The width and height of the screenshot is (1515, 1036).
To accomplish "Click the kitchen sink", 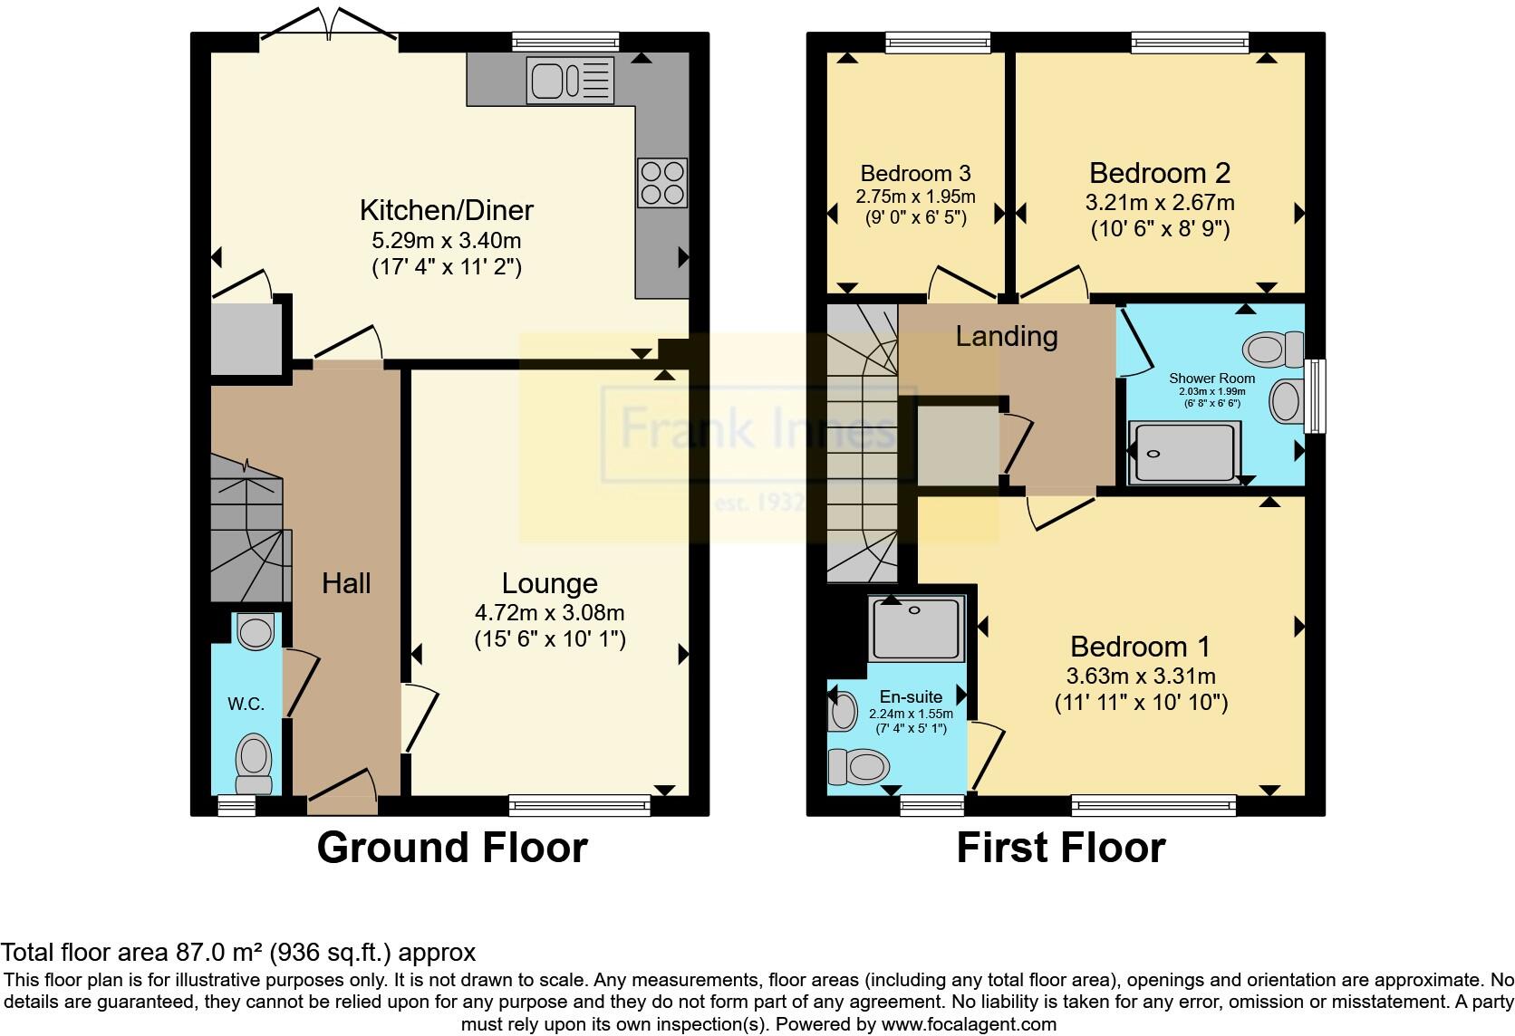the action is pos(570,81).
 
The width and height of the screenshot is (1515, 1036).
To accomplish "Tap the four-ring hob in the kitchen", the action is pos(662,182).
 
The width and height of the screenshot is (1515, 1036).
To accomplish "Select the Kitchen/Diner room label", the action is pos(447,210).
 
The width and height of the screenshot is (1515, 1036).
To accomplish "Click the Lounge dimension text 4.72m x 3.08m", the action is pos(549,612).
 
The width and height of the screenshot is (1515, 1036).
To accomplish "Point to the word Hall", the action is pos(346,583).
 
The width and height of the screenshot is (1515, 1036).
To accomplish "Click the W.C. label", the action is pos(246,705).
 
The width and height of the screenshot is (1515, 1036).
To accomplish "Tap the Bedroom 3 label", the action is pos(915,174).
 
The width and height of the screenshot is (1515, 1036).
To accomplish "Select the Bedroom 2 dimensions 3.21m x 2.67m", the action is pos(1160,202).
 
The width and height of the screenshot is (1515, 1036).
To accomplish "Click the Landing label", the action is pos(1007,337).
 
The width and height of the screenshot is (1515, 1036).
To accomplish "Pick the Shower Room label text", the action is pos(1212,379).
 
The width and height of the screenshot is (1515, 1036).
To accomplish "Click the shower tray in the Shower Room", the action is pos(1184,452).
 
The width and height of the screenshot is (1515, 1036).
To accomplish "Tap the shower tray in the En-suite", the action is pos(916,628).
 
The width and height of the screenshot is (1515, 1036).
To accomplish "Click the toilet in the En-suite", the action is pos(859,767).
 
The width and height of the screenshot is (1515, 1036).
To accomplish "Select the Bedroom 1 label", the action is pos(1140,647).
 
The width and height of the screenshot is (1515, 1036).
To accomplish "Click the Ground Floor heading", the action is pos(452,848).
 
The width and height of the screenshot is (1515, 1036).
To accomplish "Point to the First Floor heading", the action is pos(1061,848).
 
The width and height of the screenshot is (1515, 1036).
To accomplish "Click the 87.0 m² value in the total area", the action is pos(219,952).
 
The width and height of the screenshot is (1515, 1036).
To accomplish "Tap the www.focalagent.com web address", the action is pos(970,1024).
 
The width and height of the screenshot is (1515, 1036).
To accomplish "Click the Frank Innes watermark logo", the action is pos(758,434).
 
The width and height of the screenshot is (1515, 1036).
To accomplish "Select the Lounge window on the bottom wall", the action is pos(580,805).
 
